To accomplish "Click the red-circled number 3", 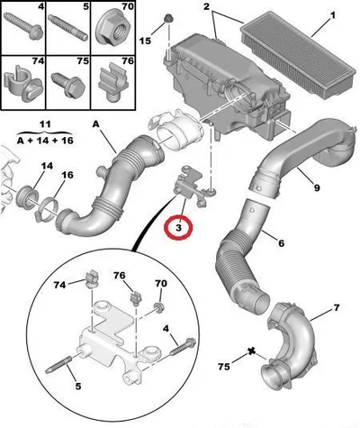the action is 178,228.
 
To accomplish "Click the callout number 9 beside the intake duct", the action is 316,187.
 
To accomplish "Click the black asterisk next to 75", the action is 252,351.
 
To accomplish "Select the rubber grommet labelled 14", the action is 27,197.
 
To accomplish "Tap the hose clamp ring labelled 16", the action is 47,211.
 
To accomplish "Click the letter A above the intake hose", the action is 95,124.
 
